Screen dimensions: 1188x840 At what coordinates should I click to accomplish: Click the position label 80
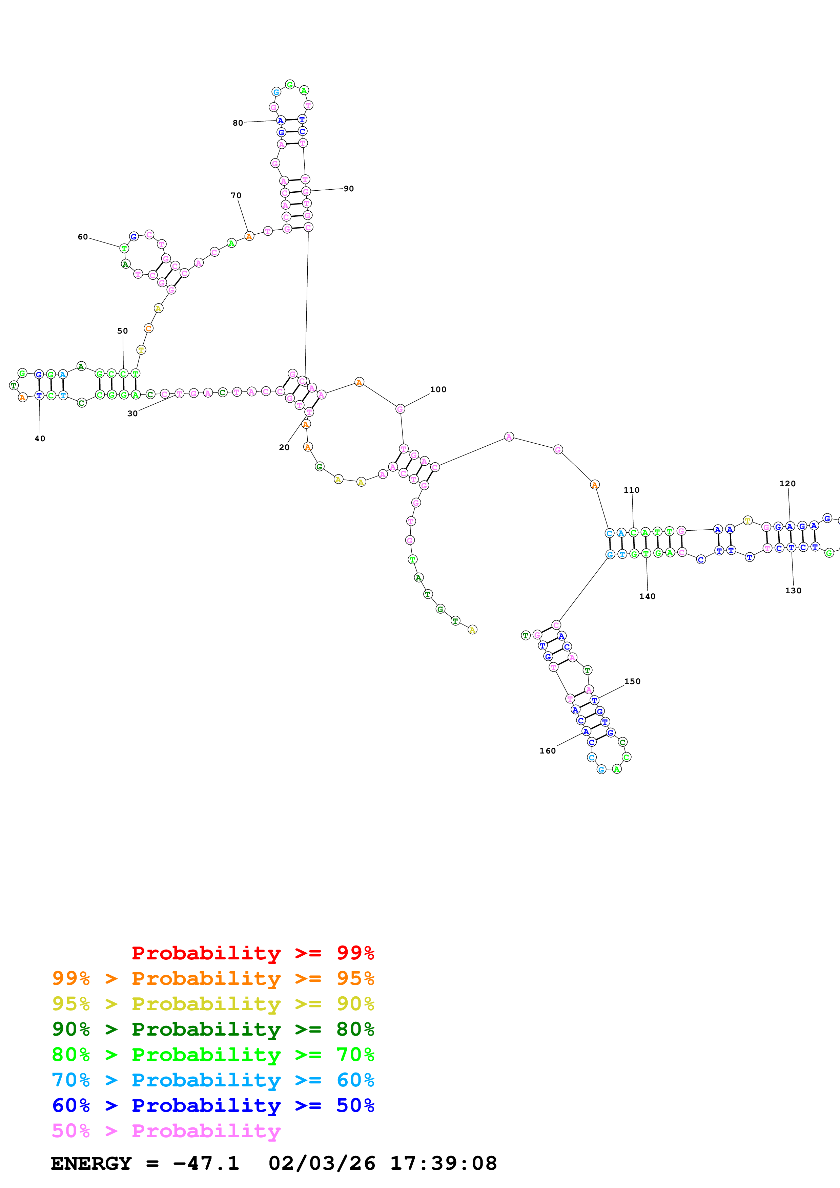pyautogui.click(x=238, y=123)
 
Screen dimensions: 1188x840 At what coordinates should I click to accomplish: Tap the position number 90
pyautogui.click(x=349, y=188)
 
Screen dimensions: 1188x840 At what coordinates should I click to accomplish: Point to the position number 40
pyautogui.click(x=40, y=438)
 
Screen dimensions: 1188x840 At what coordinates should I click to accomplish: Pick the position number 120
pyautogui.click(x=787, y=483)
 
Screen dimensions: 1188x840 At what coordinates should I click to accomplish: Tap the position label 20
pyautogui.click(x=284, y=447)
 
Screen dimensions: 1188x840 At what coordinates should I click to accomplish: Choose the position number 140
pyautogui.click(x=647, y=596)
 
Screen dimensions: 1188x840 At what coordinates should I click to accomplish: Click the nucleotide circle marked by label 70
pyautogui.click(x=249, y=236)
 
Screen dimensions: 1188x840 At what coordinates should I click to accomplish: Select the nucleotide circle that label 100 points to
pyautogui.click(x=400, y=409)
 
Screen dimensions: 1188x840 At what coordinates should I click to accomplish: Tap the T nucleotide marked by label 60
pyautogui.click(x=124, y=248)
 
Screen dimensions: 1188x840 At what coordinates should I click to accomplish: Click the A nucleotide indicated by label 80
pyautogui.click(x=281, y=121)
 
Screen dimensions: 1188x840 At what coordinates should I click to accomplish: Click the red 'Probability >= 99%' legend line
pyautogui.click(x=252, y=953)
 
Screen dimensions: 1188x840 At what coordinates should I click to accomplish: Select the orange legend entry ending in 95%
pyautogui.click(x=213, y=978)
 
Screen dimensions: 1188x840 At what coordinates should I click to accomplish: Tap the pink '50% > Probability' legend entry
pyautogui.click(x=166, y=1130)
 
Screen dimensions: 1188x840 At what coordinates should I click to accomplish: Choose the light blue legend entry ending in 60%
pyautogui.click(x=213, y=1080)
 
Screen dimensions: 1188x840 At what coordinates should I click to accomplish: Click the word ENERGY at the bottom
pyautogui.click(x=91, y=1164)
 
